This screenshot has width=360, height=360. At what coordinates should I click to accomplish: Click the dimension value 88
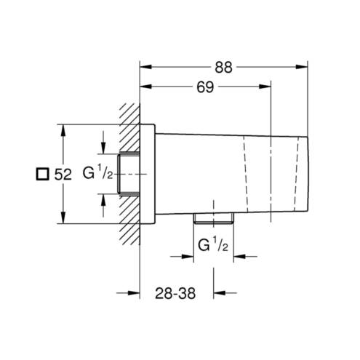223,68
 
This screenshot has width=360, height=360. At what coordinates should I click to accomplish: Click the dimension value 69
205,87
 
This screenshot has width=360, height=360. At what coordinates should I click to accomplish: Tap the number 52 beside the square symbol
63,175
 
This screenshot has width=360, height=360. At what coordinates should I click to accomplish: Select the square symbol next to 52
42,174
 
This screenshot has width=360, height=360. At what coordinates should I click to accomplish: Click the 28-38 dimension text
175,293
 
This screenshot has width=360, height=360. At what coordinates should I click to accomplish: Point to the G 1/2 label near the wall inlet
97,172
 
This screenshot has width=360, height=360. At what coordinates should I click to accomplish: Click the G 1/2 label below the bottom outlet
213,244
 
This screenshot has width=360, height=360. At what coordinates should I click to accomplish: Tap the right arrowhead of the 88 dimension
301,67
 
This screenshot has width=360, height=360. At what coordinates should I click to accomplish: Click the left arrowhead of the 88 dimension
146,67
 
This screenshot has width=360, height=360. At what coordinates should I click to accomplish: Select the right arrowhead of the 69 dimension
265,87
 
